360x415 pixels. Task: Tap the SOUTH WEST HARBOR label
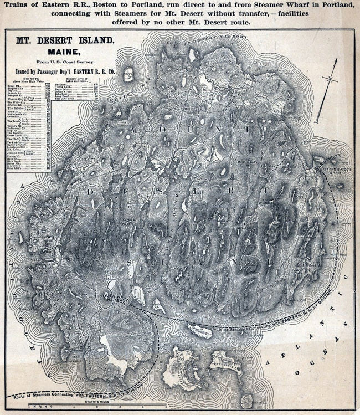click(114, 300)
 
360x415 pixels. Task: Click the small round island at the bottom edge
click(245, 401)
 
